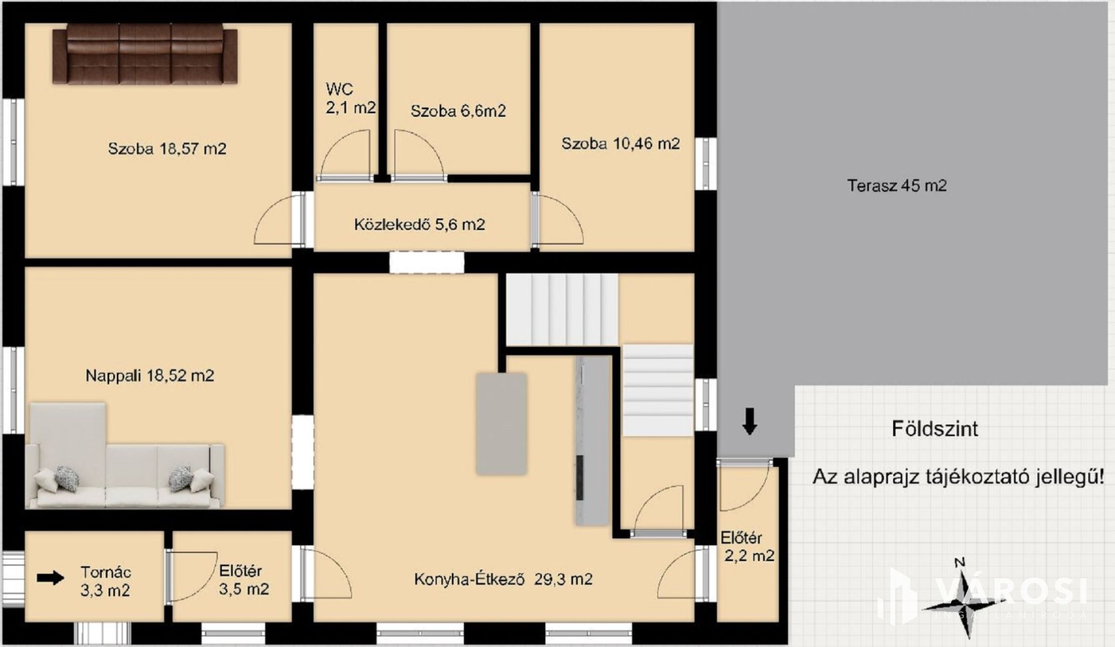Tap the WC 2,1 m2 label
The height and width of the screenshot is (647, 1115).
point(350,98)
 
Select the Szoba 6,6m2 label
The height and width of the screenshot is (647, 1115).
point(458,111)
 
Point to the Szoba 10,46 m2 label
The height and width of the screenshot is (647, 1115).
point(621,144)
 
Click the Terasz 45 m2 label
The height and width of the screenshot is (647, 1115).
point(897,186)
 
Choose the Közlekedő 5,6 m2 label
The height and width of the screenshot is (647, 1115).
point(420,224)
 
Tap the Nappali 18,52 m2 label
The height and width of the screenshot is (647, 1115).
point(150,376)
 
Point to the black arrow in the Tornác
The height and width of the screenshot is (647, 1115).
point(51,578)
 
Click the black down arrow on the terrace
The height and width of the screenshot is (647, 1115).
point(750,421)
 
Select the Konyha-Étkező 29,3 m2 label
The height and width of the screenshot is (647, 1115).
point(503,579)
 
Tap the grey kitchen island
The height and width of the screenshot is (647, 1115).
point(501,424)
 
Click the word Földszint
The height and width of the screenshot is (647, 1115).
point(935,429)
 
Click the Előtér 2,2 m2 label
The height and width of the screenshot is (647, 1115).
point(747,546)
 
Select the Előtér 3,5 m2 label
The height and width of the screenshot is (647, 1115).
point(244,580)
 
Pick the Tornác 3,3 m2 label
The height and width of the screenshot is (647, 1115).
point(105,581)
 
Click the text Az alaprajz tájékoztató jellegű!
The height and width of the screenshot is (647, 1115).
point(958,477)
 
